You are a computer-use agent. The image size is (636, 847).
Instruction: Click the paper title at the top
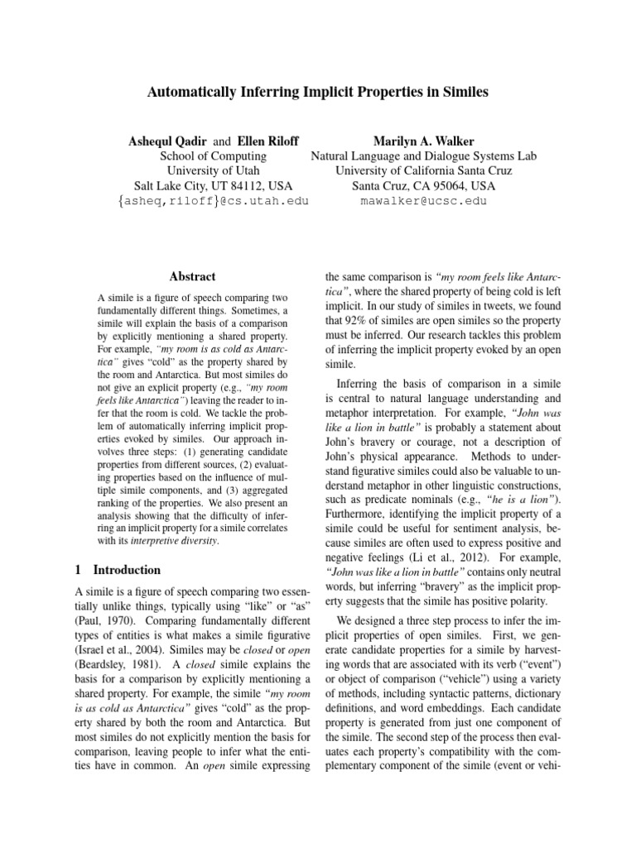click(317, 93)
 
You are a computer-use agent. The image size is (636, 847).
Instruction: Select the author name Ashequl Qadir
click(172, 141)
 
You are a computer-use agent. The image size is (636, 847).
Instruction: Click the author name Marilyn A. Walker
click(423, 141)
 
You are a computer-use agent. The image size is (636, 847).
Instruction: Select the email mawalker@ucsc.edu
click(423, 201)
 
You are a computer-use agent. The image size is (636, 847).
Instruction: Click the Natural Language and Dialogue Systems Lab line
click(423, 156)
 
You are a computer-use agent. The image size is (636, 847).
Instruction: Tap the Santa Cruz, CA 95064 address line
click(423, 185)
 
